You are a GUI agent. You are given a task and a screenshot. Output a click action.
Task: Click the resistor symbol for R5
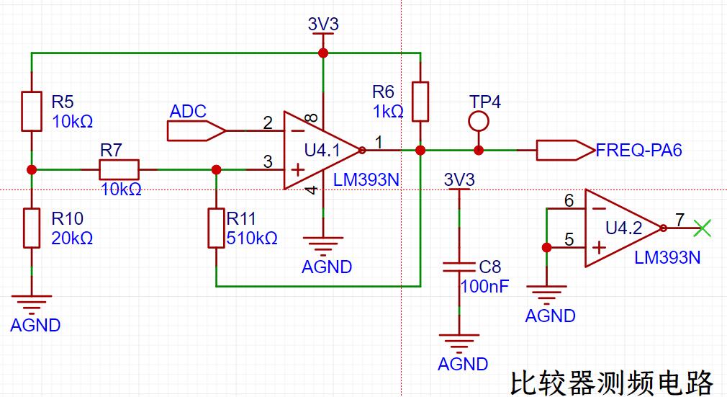coord(32,112)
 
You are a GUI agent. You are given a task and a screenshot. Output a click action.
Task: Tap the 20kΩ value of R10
coord(72,238)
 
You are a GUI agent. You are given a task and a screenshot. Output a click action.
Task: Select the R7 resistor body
coord(119,169)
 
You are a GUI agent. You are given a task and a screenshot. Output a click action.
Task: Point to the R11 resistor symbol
coord(216,228)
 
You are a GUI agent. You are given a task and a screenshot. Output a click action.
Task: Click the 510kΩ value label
coord(252,238)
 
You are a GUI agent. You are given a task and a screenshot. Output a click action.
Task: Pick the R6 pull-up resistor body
coord(420,102)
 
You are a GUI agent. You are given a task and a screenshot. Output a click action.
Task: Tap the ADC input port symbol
coord(197,130)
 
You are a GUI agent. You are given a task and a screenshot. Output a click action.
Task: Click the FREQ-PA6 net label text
coord(639,150)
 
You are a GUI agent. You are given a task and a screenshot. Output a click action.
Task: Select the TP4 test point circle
coord(479,122)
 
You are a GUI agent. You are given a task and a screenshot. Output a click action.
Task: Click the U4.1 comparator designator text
coord(322,150)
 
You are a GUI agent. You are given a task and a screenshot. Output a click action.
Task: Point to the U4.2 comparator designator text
coord(624,228)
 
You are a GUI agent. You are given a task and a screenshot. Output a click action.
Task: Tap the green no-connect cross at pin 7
coord(702,228)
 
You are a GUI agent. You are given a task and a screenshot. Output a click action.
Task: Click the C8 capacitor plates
coord(459,267)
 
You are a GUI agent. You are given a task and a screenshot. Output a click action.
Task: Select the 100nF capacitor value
coord(484,287)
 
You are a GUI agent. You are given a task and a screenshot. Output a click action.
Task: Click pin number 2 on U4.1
coord(268,122)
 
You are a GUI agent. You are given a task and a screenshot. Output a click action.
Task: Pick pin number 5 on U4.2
coord(569,240)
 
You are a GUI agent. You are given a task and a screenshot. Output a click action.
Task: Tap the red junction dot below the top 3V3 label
coord(323,53)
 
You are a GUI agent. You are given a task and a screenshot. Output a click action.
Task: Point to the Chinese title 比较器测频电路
coord(612,382)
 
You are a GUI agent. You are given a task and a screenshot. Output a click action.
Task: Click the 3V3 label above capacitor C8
coord(459,179)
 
